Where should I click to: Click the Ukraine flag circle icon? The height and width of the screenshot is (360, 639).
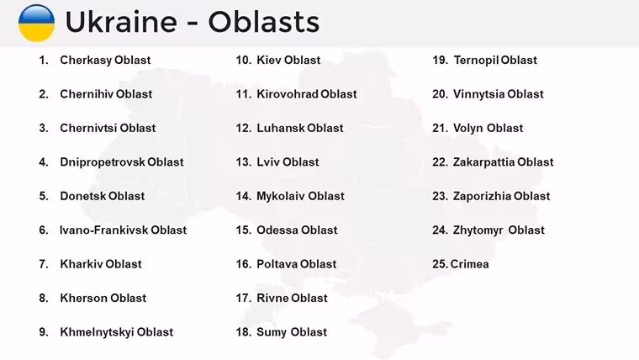pos(36,23)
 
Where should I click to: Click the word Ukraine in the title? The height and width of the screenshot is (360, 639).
pos(121,22)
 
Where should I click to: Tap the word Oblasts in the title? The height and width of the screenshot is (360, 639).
pos(264,22)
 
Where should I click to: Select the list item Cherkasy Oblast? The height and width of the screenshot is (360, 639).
pos(105,61)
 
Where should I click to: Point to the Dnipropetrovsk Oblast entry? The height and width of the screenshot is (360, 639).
pos(122,162)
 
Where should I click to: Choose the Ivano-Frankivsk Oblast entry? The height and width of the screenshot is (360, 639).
pos(123,230)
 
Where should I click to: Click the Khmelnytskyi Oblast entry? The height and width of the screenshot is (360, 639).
pos(117,332)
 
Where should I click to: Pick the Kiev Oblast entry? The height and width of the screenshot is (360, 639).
pos(288,61)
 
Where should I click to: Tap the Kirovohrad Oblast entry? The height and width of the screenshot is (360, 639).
pos(307,94)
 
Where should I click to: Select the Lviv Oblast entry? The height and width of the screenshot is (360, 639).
pos(288,162)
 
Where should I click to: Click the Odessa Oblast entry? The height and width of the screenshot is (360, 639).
pos(297,230)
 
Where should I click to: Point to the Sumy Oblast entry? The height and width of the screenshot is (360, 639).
pos(292,332)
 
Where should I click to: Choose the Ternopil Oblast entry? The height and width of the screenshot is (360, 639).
pos(495,61)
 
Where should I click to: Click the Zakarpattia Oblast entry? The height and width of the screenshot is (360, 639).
pos(504,162)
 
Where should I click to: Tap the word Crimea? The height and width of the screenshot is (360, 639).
pos(469,264)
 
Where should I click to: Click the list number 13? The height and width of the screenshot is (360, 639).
pos(243,162)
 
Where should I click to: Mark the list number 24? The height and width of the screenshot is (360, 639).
pos(440,230)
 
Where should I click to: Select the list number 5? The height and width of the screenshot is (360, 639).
pos(44,196)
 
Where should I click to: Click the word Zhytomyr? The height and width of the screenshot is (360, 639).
pos(478,230)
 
